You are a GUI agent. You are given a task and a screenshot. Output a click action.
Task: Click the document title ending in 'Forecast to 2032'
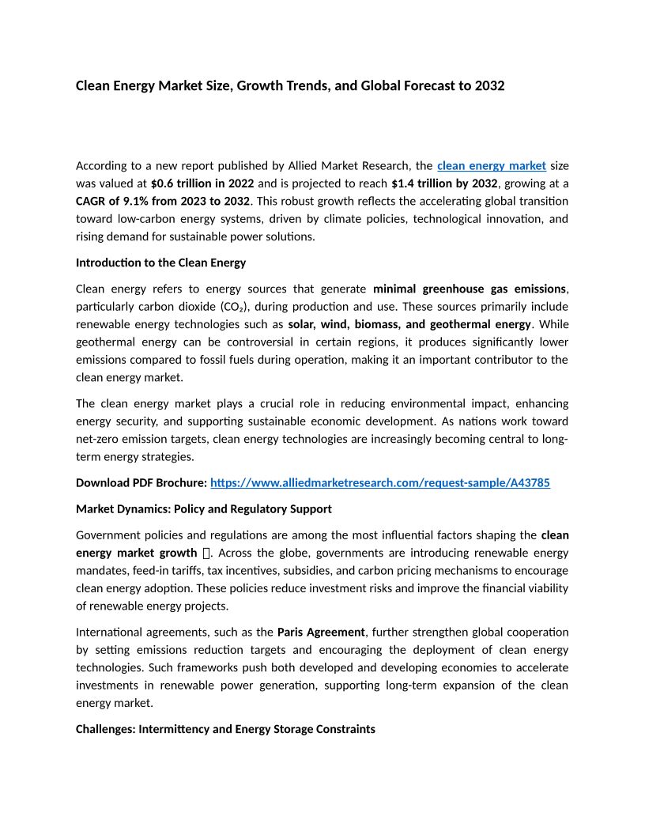[289, 85]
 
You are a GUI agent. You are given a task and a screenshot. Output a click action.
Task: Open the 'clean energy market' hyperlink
[492, 165]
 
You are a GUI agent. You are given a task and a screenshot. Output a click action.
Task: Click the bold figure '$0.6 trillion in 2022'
[202, 183]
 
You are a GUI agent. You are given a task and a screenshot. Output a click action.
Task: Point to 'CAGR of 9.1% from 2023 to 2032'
[163, 201]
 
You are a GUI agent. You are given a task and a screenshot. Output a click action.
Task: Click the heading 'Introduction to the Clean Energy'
[160, 263]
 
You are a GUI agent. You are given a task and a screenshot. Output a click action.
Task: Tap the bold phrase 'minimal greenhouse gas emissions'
[470, 289]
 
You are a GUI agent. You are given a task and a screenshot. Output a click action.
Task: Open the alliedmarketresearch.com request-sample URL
[380, 482]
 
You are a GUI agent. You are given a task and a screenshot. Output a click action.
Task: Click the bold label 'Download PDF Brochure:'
[141, 482]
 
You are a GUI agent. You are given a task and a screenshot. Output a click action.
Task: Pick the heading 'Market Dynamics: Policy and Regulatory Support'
[203, 508]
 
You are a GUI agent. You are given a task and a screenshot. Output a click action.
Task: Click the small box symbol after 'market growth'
[206, 553]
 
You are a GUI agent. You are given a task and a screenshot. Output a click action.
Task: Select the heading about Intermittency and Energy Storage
[225, 729]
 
